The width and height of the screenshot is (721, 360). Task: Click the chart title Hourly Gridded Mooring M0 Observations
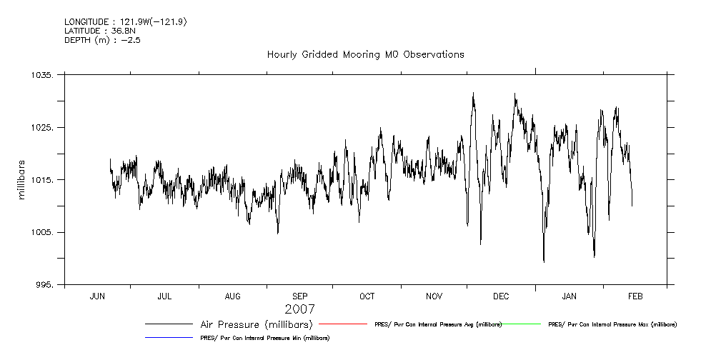click(x=365, y=54)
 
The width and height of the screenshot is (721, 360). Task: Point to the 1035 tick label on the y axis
click(x=45, y=75)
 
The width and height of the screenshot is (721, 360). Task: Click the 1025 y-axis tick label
click(x=45, y=128)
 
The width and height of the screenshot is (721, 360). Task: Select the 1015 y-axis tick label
click(x=45, y=180)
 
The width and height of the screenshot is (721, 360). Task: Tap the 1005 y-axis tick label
click(x=45, y=233)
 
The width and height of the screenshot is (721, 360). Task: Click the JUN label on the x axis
click(x=97, y=296)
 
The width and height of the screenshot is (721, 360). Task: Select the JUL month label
click(x=164, y=296)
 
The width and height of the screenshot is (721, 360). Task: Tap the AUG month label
click(x=233, y=296)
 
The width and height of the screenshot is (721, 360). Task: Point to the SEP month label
click(x=300, y=296)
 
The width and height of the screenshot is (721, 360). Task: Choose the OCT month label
click(x=367, y=296)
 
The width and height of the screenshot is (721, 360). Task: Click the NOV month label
click(x=434, y=296)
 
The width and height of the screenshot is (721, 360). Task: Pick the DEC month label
click(x=502, y=296)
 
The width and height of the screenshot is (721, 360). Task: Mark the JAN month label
click(x=570, y=296)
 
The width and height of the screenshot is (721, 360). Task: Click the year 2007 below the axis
click(x=299, y=309)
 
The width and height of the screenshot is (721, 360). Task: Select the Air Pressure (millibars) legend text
click(x=257, y=324)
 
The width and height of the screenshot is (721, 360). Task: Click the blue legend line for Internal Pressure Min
click(x=169, y=336)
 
